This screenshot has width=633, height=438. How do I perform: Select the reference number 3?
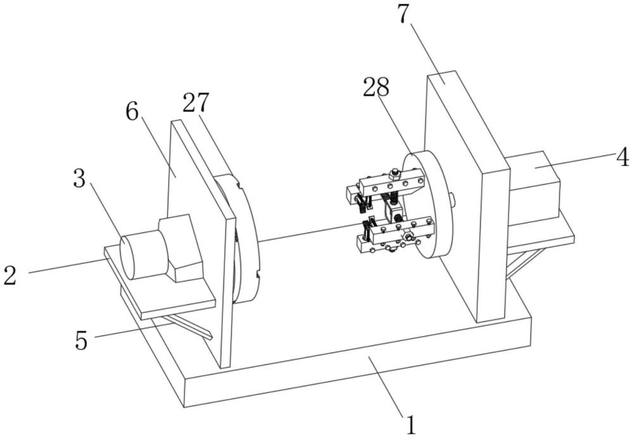78,179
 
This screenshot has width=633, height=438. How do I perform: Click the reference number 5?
81,339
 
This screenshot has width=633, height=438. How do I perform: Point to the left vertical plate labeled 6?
190,190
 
